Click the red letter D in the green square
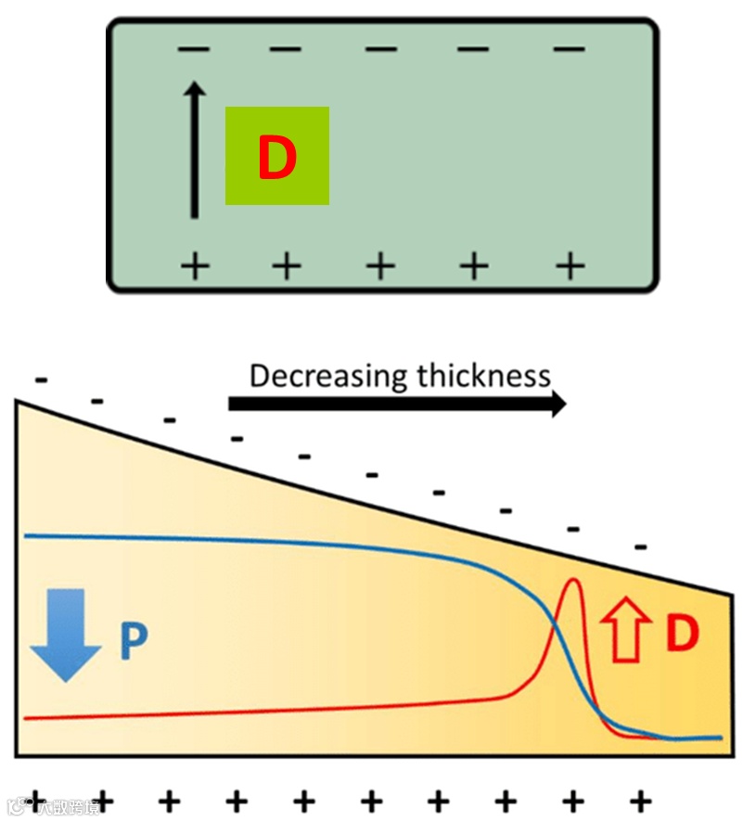pyautogui.click(x=276, y=159)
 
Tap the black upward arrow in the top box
pyautogui.click(x=194, y=149)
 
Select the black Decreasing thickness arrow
pyautogui.click(x=397, y=404)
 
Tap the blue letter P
pyautogui.click(x=134, y=641)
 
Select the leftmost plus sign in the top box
pyautogui.click(x=194, y=266)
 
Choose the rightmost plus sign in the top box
pyautogui.click(x=570, y=266)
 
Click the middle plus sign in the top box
pyautogui.click(x=380, y=266)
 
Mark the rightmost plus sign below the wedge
pyautogui.click(x=639, y=800)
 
